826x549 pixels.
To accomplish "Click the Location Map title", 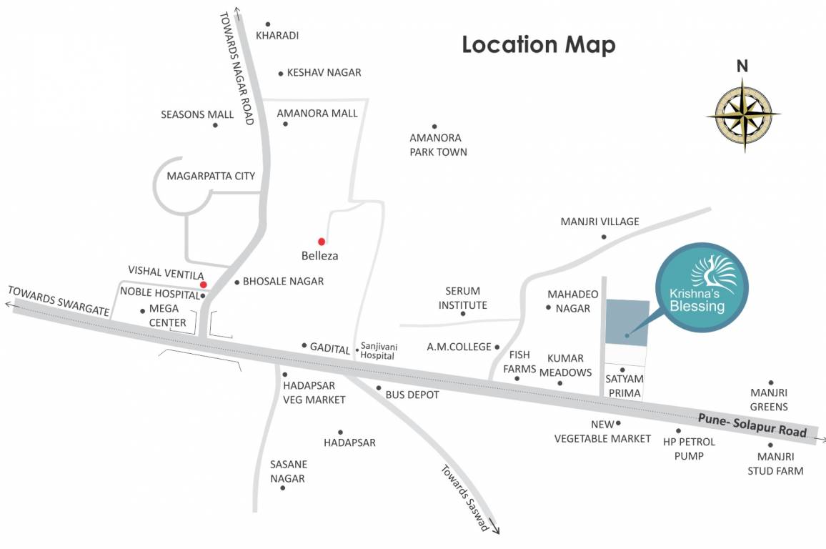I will (539, 44).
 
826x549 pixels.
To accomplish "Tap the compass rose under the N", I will (743, 114).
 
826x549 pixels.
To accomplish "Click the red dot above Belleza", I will (322, 242).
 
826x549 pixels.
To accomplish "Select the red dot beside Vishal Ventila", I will (204, 285).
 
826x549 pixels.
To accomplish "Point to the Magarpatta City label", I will (210, 176).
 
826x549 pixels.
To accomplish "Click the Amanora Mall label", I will (317, 113).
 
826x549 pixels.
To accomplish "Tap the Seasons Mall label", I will (197, 114).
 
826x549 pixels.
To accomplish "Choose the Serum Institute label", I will (462, 298).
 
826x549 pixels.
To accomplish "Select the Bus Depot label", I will (412, 395).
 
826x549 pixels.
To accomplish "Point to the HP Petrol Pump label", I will (689, 449).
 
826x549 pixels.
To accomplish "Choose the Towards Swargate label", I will (59, 301).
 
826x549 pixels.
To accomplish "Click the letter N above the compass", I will (743, 66).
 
